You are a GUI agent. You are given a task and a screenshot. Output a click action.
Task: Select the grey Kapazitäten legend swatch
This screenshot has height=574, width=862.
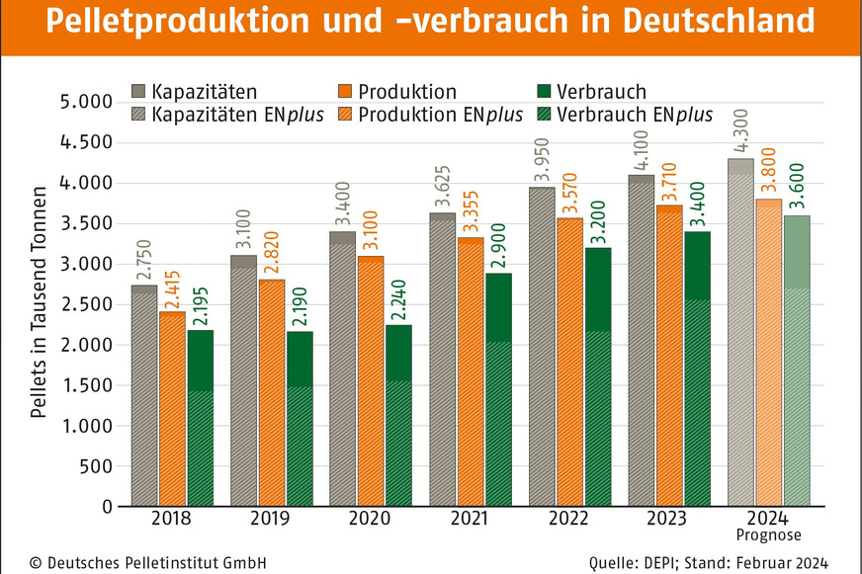139,92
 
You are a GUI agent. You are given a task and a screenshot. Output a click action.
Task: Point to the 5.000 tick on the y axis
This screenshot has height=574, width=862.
85,103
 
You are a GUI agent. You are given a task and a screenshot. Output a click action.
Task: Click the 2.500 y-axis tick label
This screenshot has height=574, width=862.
85,305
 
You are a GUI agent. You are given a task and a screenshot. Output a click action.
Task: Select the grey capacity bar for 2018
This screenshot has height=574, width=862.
144,395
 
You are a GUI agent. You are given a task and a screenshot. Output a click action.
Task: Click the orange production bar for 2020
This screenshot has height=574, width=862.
371,380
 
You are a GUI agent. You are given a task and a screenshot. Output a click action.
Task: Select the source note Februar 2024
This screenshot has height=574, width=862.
773,561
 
